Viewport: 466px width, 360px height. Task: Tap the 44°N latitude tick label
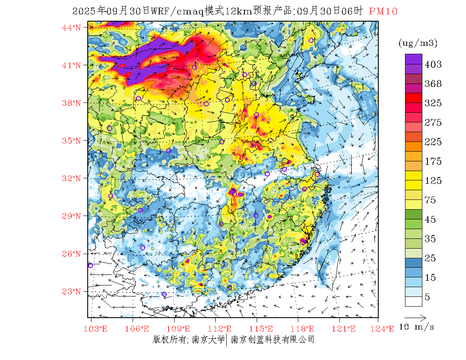point(71,28)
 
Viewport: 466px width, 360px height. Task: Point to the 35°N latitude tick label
point(71,141)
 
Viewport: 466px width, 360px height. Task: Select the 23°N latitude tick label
point(71,291)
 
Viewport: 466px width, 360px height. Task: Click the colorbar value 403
point(433,64)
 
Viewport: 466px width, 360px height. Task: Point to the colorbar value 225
point(433,142)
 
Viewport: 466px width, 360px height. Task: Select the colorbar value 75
point(430,200)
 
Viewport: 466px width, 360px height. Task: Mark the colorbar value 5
point(427,297)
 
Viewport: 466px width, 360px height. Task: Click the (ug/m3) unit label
point(418,43)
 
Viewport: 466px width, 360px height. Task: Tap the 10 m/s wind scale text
point(417,327)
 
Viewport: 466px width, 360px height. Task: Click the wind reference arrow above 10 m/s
point(415,317)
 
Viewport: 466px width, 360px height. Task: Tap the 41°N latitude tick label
point(71,65)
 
